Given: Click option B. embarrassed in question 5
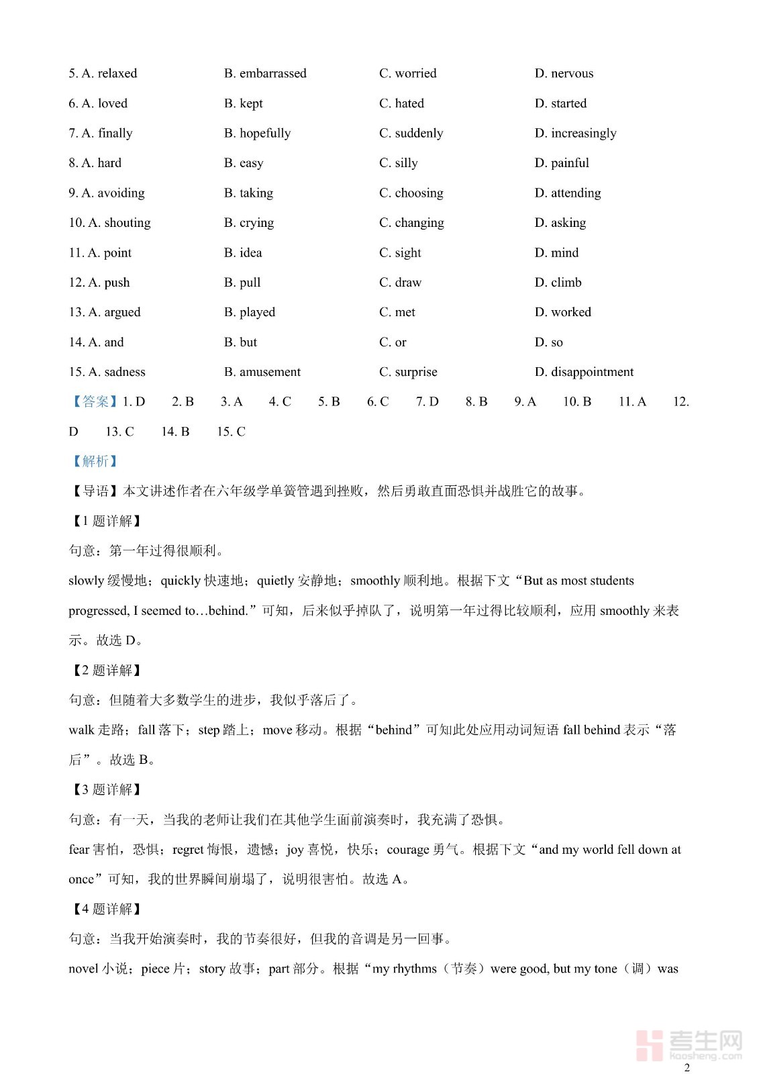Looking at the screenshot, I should click(265, 73).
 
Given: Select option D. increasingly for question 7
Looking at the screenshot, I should click(575, 133).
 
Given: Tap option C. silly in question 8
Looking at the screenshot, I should click(398, 163).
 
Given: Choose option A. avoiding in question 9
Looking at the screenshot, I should click(107, 193).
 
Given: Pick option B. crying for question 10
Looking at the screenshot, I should click(249, 223).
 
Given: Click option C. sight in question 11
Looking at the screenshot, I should click(400, 252).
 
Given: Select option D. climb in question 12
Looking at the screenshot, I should click(558, 283).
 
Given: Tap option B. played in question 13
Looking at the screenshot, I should click(250, 312).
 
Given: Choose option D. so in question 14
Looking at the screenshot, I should click(548, 342).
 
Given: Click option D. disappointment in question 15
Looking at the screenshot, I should click(584, 372).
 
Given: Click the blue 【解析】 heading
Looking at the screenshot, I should click(94, 461).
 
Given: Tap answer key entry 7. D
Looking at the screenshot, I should click(427, 401).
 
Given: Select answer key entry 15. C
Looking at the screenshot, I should click(231, 432).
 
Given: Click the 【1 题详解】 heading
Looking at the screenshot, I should click(107, 521).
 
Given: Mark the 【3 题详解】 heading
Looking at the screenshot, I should click(107, 789).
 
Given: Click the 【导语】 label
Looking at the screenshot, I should click(95, 491).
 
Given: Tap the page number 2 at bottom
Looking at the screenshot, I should click(687, 1068).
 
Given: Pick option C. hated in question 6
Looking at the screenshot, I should click(401, 103).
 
